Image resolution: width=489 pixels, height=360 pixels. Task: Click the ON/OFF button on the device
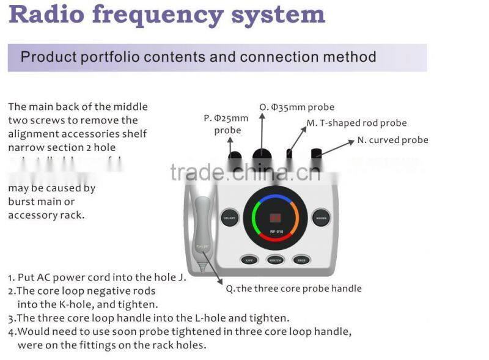point(230,218)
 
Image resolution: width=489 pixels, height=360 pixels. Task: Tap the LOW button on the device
point(248,259)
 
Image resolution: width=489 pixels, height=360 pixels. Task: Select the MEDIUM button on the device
point(275,259)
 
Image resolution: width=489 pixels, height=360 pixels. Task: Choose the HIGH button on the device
point(301,259)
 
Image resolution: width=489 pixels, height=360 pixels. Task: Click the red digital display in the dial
point(275,217)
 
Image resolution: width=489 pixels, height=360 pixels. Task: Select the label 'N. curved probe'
point(392,140)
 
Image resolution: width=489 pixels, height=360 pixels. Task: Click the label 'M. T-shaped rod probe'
point(356,123)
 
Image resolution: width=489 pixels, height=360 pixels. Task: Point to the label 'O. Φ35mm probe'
point(296,107)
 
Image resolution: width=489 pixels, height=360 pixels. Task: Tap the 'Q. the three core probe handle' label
point(293,288)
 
